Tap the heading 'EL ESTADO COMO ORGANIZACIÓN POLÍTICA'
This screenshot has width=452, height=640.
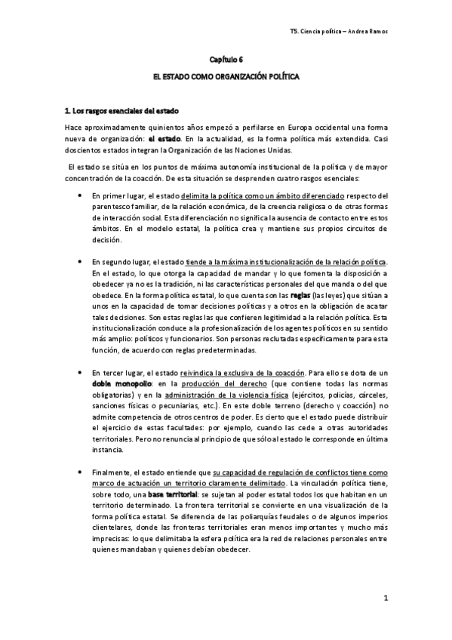226,78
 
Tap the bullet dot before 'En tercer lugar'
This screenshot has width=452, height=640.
80,373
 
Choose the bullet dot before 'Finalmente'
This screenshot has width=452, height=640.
80,472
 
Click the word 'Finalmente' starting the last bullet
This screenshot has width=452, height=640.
110,472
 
